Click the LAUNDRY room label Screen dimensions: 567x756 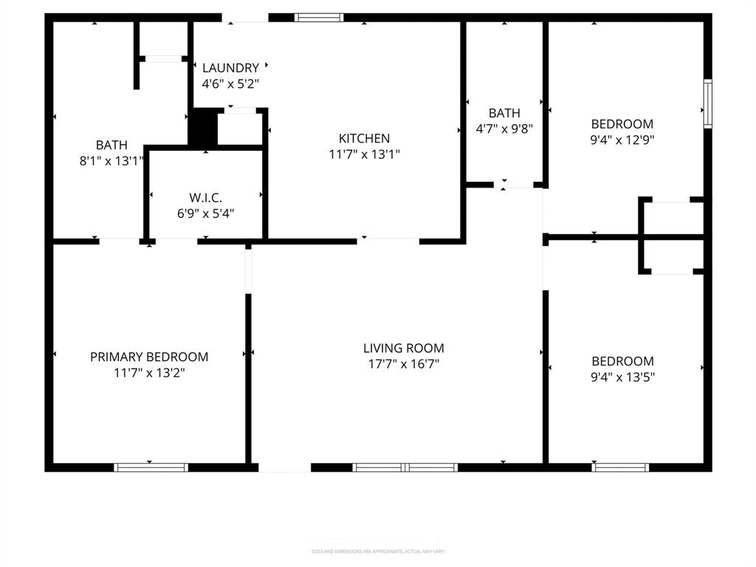coord(230,68)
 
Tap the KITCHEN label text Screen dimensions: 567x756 coord(364,138)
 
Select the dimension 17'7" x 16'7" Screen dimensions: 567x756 coord(404,364)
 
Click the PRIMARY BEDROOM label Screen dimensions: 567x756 coord(149,357)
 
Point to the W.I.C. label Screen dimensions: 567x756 coord(205,198)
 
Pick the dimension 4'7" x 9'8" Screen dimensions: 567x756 coord(504,128)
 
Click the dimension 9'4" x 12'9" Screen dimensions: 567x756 coord(622,139)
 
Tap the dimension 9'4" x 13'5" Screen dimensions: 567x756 coord(622,377)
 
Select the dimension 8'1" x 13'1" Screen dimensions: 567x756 coord(111,160)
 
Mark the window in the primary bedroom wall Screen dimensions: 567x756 coord(151,467)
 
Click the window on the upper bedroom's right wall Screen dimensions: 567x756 coord(707,104)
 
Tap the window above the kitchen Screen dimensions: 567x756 coord(319,17)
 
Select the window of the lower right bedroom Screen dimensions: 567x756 coord(621,467)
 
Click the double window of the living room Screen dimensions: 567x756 coord(405,467)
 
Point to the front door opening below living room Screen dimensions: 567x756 coord(284,467)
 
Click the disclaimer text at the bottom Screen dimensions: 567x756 coord(378,551)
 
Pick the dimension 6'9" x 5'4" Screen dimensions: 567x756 coord(205,214)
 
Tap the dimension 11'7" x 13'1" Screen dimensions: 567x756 coord(364,154)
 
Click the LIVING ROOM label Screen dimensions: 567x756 coord(404,348)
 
